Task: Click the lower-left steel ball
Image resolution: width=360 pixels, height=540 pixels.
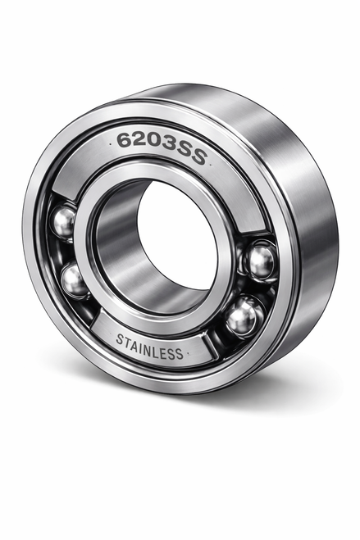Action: click(75, 281)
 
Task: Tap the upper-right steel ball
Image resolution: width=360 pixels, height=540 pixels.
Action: click(261, 262)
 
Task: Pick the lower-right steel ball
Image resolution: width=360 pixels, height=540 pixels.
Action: click(242, 318)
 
